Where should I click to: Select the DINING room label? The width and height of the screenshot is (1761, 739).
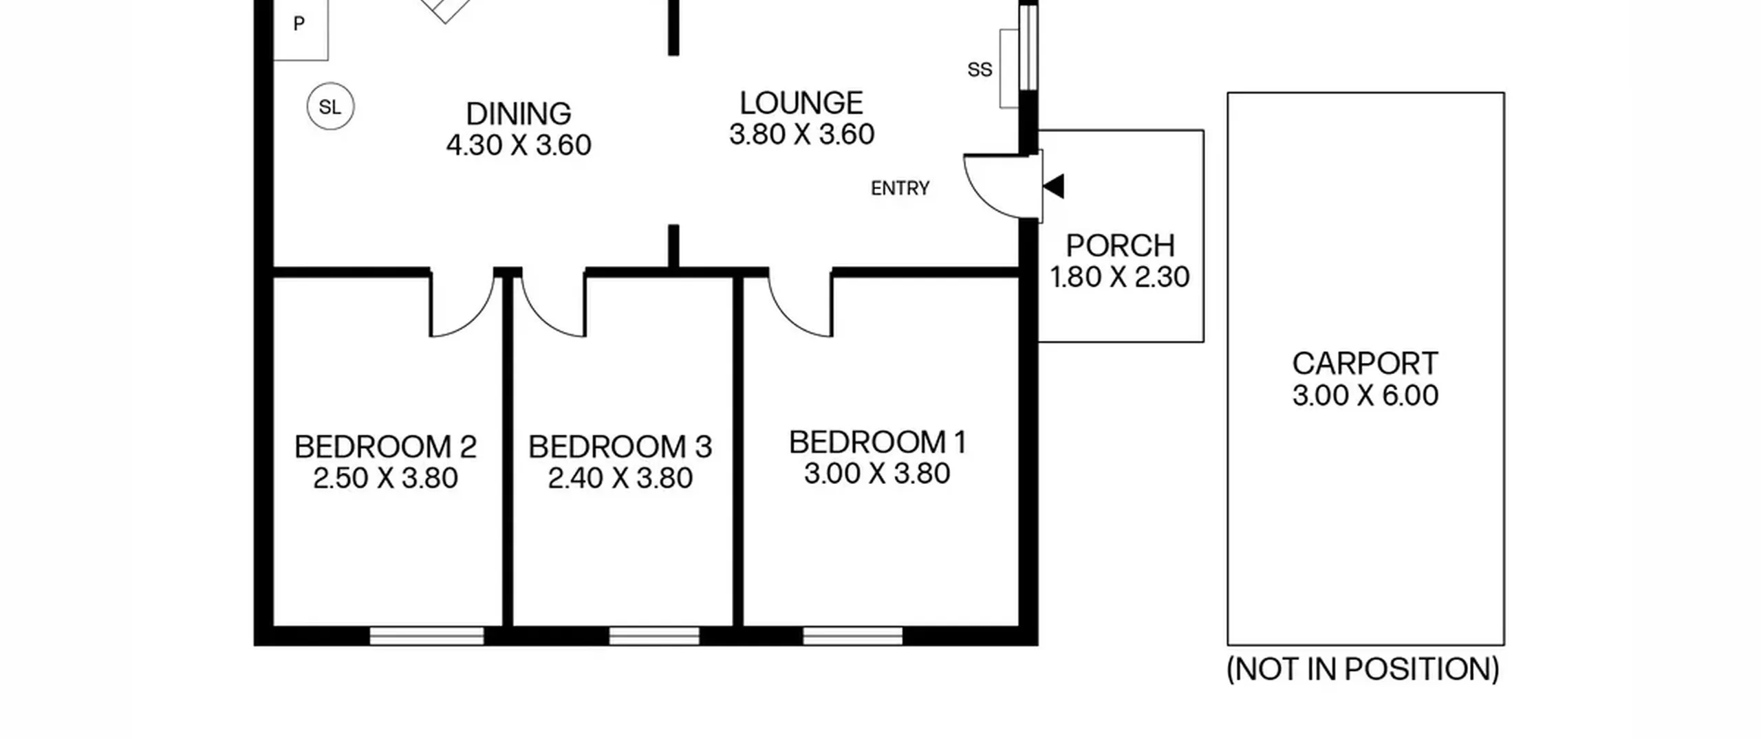[x=519, y=113]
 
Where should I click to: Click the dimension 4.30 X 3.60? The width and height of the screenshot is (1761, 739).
[x=519, y=145]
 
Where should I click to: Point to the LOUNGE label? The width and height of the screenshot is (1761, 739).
[x=801, y=103]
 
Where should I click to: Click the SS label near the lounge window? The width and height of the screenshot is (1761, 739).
[x=980, y=69]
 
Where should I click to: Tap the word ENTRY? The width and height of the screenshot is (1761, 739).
[x=900, y=188]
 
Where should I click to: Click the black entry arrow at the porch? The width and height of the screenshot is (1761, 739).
[x=1054, y=186]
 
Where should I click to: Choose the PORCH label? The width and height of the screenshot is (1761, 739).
[x=1120, y=245]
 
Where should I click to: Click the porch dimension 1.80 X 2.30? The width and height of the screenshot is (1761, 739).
[x=1120, y=277]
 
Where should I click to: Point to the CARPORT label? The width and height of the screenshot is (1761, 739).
[x=1365, y=363]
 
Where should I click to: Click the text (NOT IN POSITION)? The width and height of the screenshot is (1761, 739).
[x=1363, y=669]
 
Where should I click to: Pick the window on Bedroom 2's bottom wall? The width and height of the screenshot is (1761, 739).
[x=426, y=636]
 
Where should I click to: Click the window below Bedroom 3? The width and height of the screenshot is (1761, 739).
[x=654, y=636]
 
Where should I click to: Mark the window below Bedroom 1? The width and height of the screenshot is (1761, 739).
[x=852, y=636]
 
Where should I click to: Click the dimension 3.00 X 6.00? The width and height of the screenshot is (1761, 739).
[x=1365, y=395]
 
